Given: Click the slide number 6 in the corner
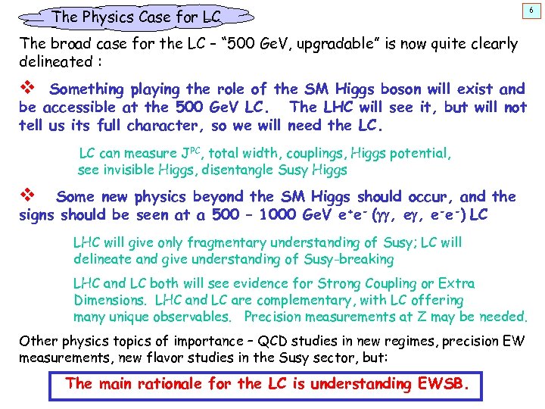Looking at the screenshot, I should pos(533,9).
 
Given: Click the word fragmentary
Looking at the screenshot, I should pos(219,243).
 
